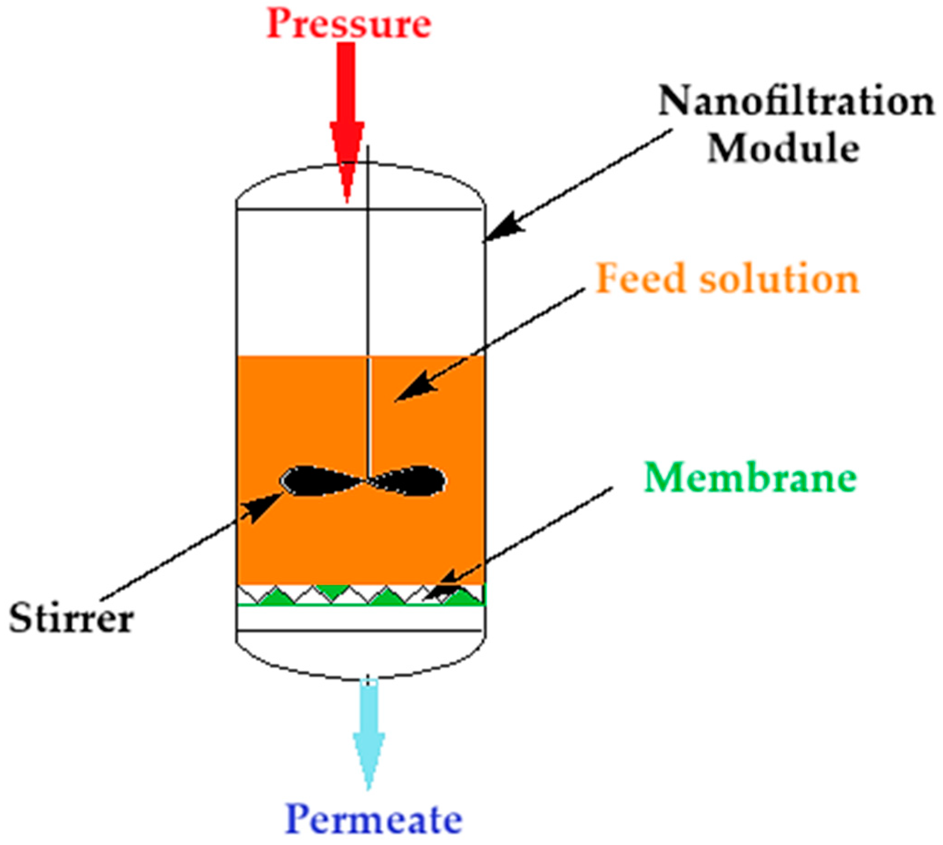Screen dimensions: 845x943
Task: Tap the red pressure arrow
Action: click(347, 116)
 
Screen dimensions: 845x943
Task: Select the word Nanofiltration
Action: click(796, 102)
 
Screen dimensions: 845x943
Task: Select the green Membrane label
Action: click(750, 478)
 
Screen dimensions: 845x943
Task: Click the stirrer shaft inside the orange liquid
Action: click(368, 418)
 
